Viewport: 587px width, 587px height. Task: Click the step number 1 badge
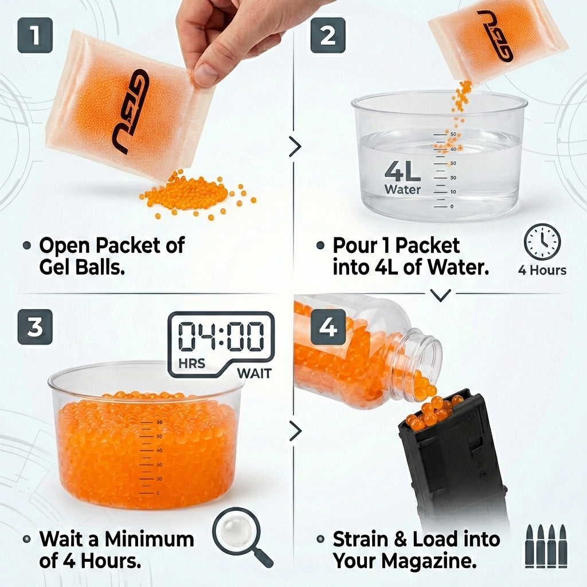click(x=35, y=35)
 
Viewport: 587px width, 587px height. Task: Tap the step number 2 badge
click(x=328, y=35)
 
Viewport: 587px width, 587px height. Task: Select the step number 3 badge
click(x=35, y=327)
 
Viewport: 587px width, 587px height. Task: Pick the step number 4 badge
click(x=328, y=327)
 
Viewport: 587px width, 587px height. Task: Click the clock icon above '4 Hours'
click(x=542, y=241)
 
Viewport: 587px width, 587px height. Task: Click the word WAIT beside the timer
click(x=254, y=373)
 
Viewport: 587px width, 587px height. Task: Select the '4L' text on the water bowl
click(x=402, y=171)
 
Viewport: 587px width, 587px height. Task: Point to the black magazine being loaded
click(x=453, y=459)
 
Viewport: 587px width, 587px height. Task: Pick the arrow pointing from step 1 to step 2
click(x=295, y=147)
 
